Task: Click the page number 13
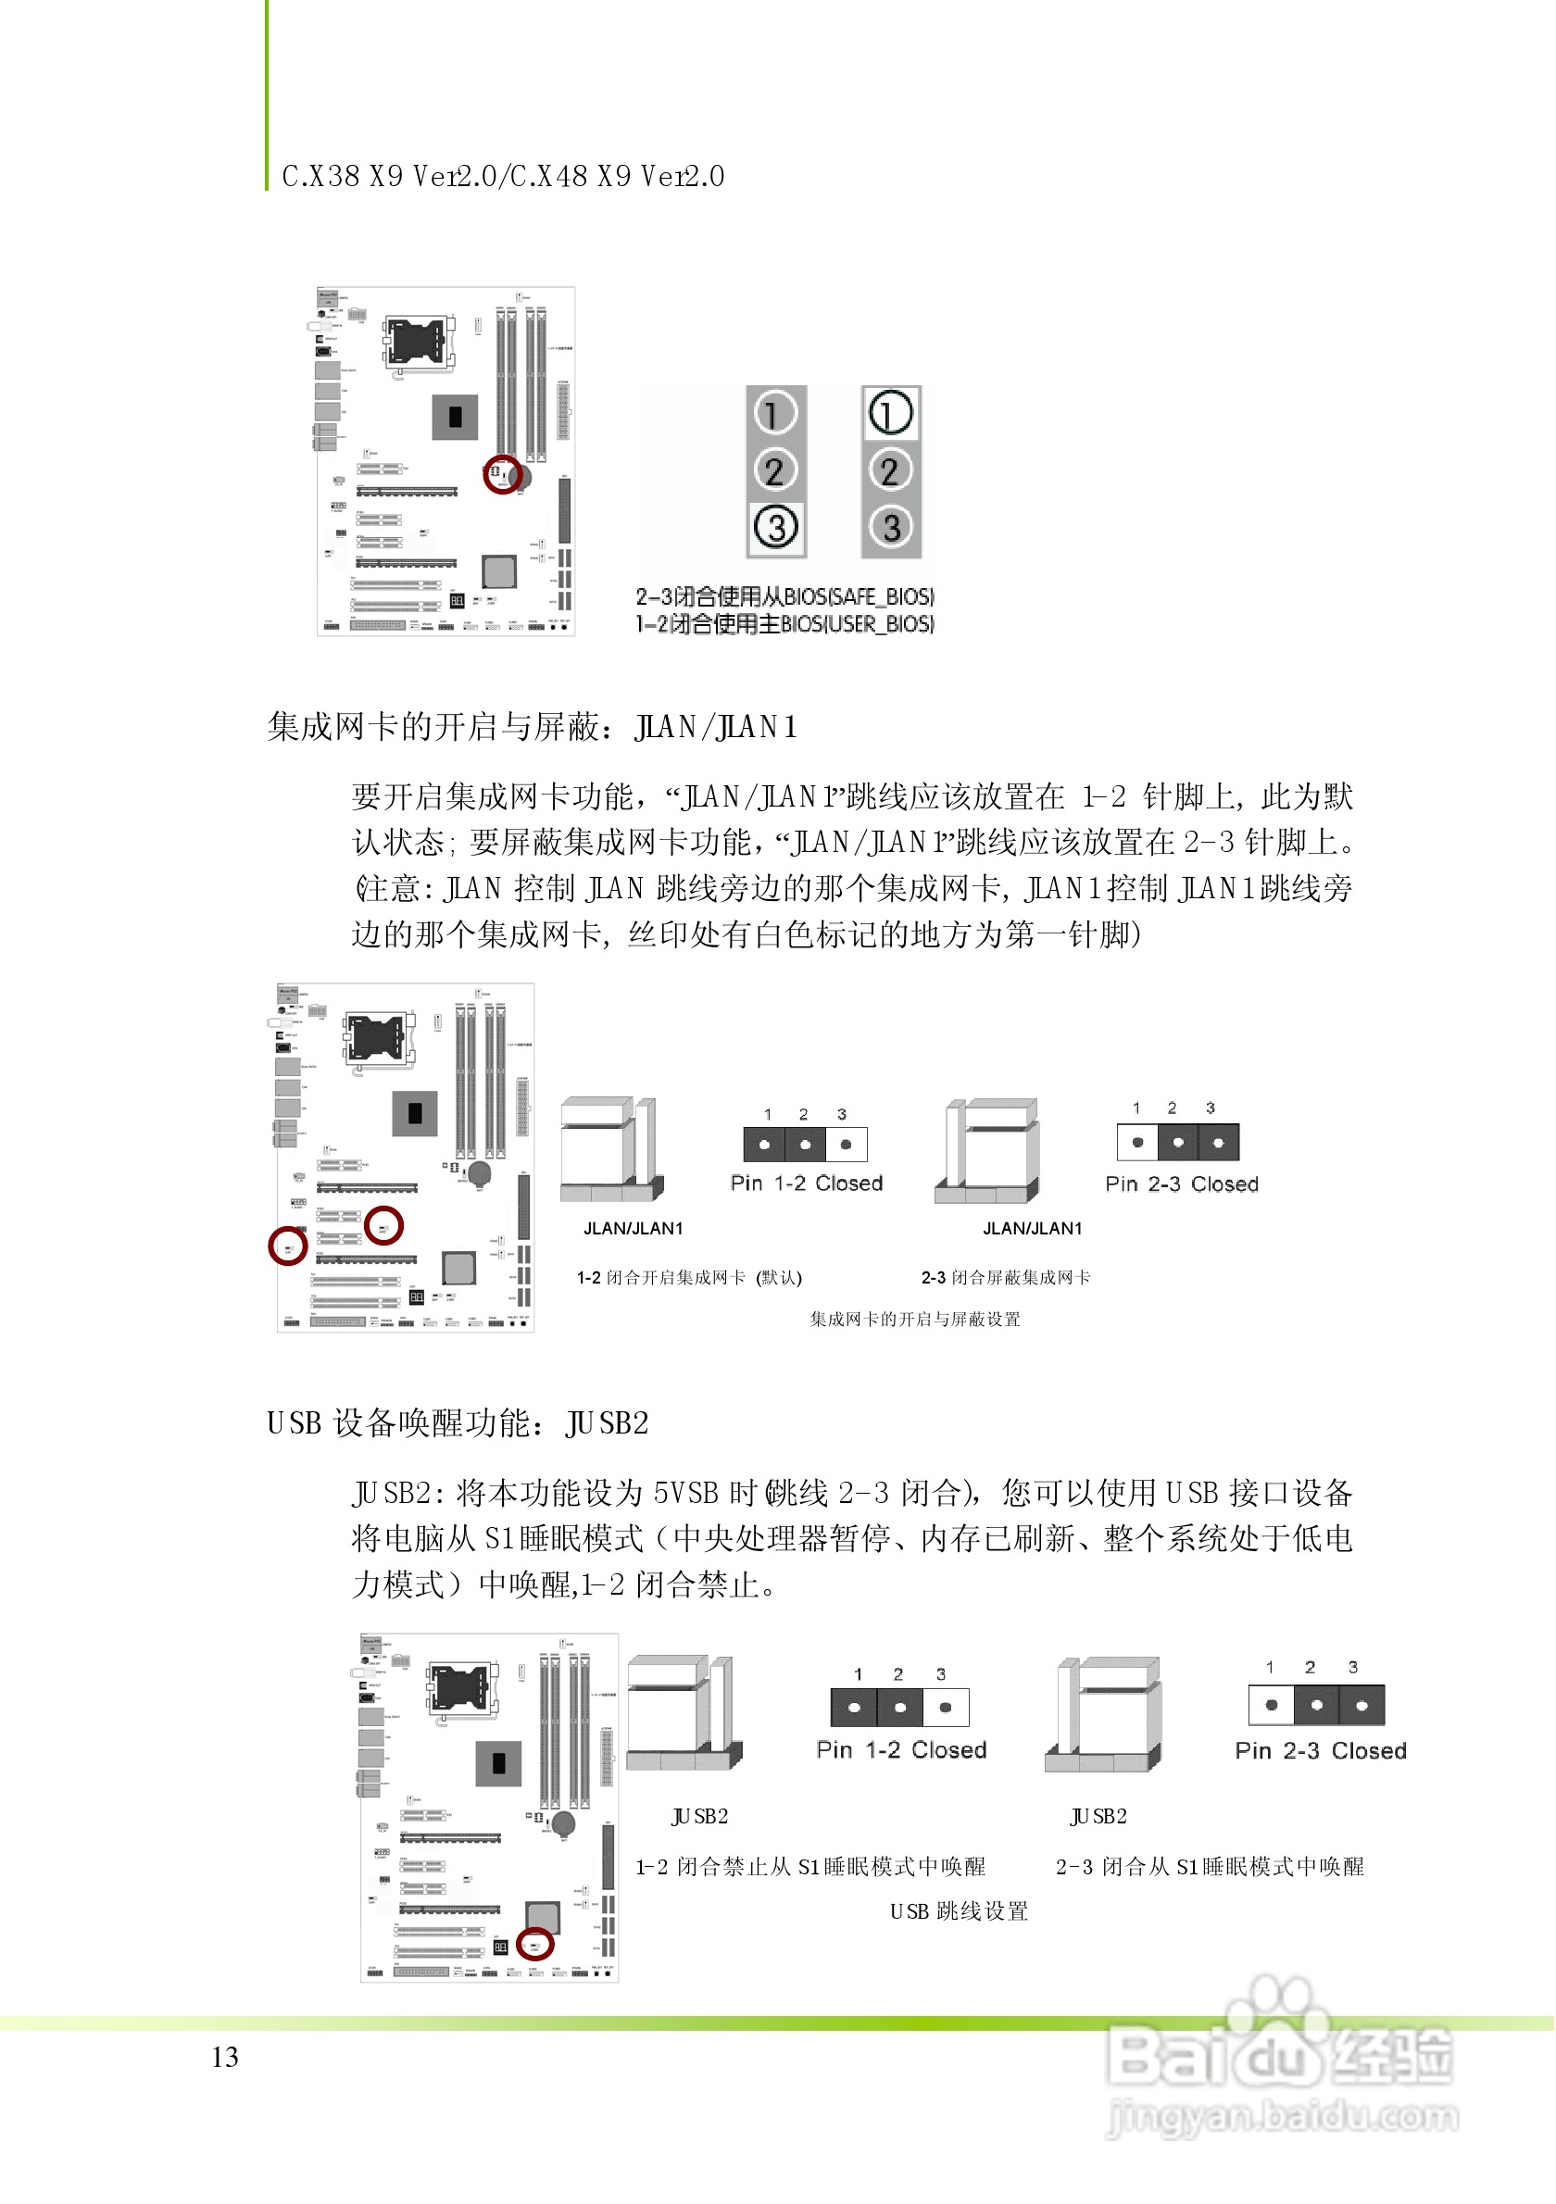[x=225, y=2057]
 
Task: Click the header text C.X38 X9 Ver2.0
[x=389, y=177]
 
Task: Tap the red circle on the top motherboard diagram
[x=501, y=474]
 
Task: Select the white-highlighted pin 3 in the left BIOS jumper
[x=775, y=527]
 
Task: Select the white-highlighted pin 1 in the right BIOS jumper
[x=890, y=414]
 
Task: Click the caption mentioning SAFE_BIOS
[x=784, y=596]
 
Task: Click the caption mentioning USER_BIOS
[x=784, y=624]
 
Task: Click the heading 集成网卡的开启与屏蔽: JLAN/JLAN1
[x=532, y=727]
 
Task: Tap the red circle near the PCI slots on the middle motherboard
[x=384, y=1225]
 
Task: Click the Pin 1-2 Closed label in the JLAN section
[x=807, y=1183]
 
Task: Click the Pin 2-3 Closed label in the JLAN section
[x=1181, y=1184]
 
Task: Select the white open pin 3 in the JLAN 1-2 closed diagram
[x=846, y=1145]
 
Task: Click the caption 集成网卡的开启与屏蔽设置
[x=914, y=1320]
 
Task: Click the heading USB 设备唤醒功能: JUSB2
[x=458, y=1423]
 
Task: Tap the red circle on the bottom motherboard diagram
[x=534, y=1944]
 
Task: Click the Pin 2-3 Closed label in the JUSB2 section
[x=1320, y=1751]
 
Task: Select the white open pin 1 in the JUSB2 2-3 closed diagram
[x=1271, y=1706]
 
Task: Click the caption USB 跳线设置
[x=958, y=1911]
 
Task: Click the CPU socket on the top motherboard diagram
[x=420, y=344]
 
